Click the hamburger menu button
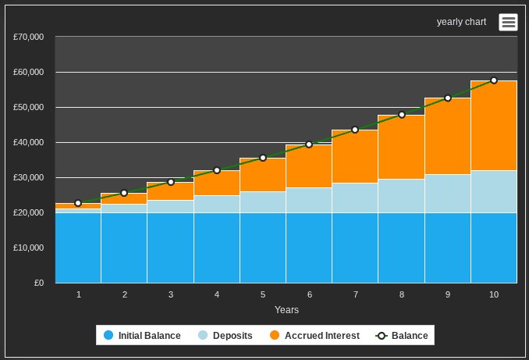pyautogui.click(x=509, y=22)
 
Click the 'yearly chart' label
pyautogui.click(x=461, y=22)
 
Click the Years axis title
pyautogui.click(x=286, y=310)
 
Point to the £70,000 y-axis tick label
pyautogui.click(x=29, y=37)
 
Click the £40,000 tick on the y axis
pyautogui.click(x=29, y=142)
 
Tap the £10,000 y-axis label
pyautogui.click(x=29, y=248)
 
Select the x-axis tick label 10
pyautogui.click(x=494, y=294)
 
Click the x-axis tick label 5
pyautogui.click(x=263, y=294)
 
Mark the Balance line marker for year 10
pyautogui.click(x=494, y=80)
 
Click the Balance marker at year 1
pyautogui.click(x=78, y=203)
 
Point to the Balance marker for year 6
pyautogui.click(x=309, y=144)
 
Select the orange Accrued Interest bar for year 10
pyautogui.click(x=494, y=125)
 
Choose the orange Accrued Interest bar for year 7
pyautogui.click(x=355, y=156)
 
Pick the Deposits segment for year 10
pyautogui.click(x=494, y=191)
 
